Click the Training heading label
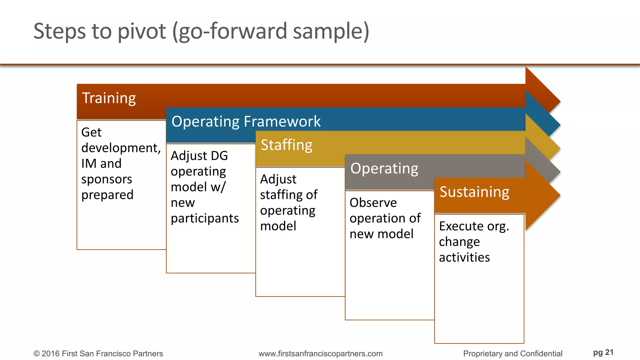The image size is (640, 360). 109,98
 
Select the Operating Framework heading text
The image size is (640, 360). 246,122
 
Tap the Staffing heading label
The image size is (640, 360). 286,145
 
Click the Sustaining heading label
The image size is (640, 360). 474,192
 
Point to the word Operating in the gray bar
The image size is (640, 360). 384,169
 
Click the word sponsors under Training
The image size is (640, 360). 107,179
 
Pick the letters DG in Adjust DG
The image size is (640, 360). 219,156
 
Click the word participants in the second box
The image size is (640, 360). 205,218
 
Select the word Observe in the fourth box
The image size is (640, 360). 373,202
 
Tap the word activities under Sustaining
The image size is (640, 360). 464,257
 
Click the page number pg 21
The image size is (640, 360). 603,352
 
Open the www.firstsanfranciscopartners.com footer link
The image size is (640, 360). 320,353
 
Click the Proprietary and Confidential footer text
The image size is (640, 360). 512,353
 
